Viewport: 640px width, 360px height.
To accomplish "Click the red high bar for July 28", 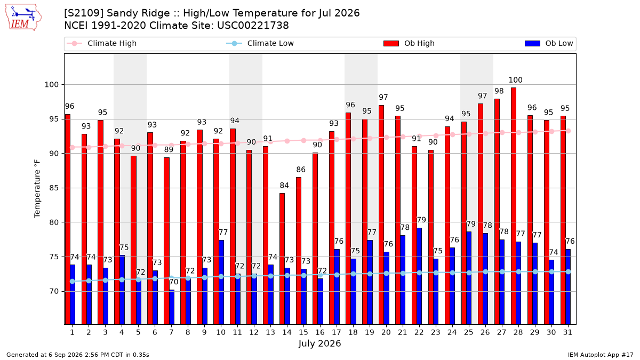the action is click(x=514, y=206).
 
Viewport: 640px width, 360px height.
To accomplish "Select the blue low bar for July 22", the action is click(x=419, y=276).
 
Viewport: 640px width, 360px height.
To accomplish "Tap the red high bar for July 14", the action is click(x=282, y=259).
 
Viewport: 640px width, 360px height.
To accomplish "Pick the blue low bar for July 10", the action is click(x=221, y=282).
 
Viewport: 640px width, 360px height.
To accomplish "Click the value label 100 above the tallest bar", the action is click(x=515, y=80).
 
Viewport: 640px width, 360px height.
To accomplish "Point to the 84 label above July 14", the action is click(x=284, y=186).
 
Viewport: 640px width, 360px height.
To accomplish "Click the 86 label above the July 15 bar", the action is click(x=301, y=170).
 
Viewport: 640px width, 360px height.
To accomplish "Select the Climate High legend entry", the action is click(x=101, y=43).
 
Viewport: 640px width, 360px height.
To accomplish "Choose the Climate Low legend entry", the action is click(x=260, y=43).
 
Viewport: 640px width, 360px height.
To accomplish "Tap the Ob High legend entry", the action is click(x=409, y=43).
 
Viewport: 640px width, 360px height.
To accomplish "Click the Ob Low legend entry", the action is click(x=549, y=43).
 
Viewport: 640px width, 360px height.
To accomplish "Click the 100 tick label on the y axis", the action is click(x=52, y=85).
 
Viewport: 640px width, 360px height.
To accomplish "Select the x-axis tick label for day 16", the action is click(x=320, y=332).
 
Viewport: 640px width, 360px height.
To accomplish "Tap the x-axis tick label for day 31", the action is click(x=567, y=332).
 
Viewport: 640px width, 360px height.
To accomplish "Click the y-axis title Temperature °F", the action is click(x=37, y=189).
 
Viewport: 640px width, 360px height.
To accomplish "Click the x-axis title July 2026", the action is click(x=319, y=343).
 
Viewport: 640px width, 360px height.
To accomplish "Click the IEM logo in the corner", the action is click(x=23, y=18).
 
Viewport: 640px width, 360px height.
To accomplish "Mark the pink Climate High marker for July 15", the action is click(x=303, y=141).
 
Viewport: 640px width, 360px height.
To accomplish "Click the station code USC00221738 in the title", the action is click(x=253, y=26).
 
